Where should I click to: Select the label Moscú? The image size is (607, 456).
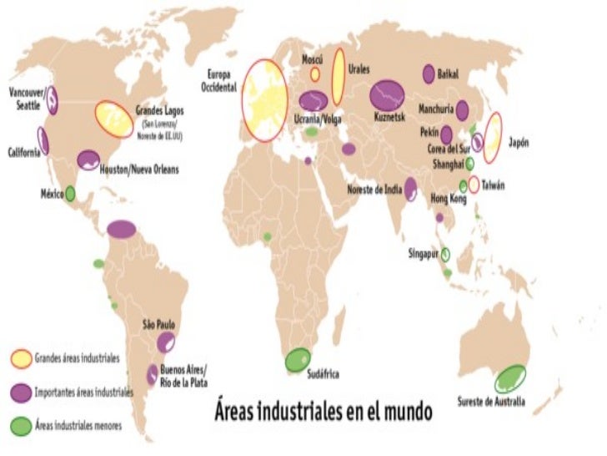click(x=314, y=60)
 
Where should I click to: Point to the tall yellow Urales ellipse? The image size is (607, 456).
click(x=339, y=76)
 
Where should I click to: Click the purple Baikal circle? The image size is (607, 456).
click(x=429, y=73)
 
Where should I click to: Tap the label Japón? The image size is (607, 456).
click(x=518, y=142)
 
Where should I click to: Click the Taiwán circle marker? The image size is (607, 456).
click(x=474, y=185)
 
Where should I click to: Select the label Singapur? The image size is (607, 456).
click(x=424, y=252)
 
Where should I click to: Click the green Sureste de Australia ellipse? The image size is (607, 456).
click(x=509, y=379)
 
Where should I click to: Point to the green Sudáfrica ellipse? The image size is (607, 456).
click(x=297, y=360)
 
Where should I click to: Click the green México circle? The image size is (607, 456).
click(x=70, y=193)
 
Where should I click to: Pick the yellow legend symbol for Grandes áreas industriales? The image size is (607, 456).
click(x=20, y=359)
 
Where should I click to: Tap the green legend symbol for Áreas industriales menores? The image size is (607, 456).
click(x=20, y=426)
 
